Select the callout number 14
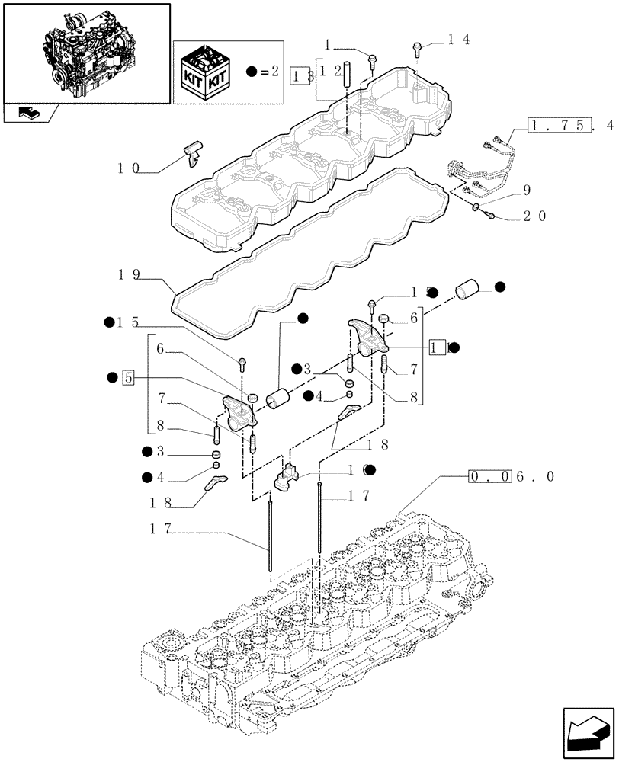tap(447, 41)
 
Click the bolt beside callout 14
tap(418, 48)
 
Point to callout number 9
tap(526, 190)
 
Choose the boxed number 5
tap(128, 377)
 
